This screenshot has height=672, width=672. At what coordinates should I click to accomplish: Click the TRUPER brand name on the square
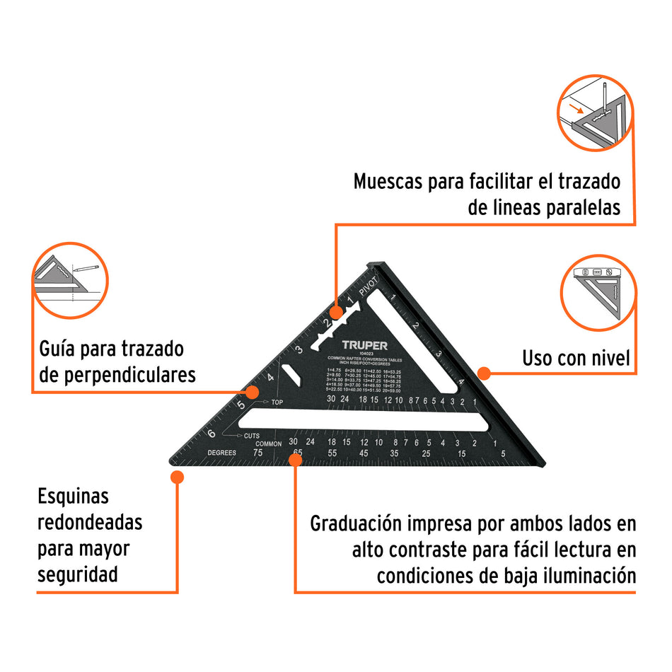pos(364,345)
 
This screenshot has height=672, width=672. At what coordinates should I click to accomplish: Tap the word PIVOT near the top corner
pos(370,288)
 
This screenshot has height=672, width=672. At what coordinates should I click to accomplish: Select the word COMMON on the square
pos(269,444)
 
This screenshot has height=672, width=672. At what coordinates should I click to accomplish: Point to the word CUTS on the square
pos(252,435)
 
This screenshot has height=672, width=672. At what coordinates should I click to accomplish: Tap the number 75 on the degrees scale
pos(258,453)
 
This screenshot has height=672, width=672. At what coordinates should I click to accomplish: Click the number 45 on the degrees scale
pos(364,453)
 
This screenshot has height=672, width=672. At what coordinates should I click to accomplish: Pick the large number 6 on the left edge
pos(211,434)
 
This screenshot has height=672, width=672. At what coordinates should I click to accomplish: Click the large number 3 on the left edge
pos(299,349)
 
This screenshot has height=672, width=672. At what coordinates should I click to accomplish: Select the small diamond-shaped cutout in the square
pos(289,373)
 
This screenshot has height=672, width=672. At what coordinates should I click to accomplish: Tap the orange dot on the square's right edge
pos(484,371)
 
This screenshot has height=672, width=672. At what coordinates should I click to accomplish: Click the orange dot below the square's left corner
pos(177,477)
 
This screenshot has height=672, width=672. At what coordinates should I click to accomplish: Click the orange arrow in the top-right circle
pos(578,108)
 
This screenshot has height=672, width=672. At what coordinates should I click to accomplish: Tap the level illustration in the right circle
pos(598,273)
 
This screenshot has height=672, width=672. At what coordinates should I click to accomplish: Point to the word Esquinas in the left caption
pos(74,496)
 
